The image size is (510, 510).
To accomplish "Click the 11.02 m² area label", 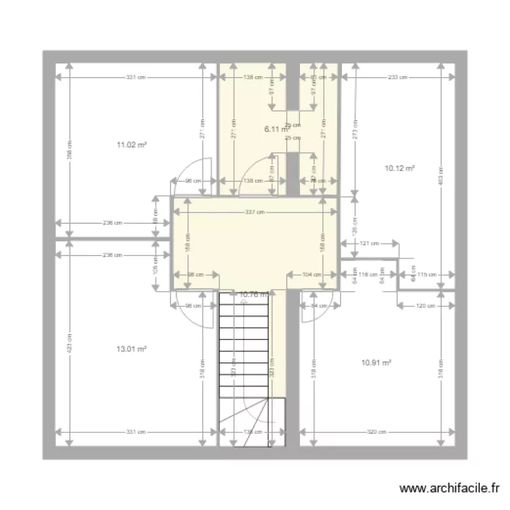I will (132, 145).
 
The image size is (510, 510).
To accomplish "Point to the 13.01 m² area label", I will (132, 349).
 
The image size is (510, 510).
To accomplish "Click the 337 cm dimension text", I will (254, 212).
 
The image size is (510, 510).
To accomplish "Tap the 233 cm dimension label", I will (398, 78).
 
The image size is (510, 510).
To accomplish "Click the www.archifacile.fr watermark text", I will (450, 488).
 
